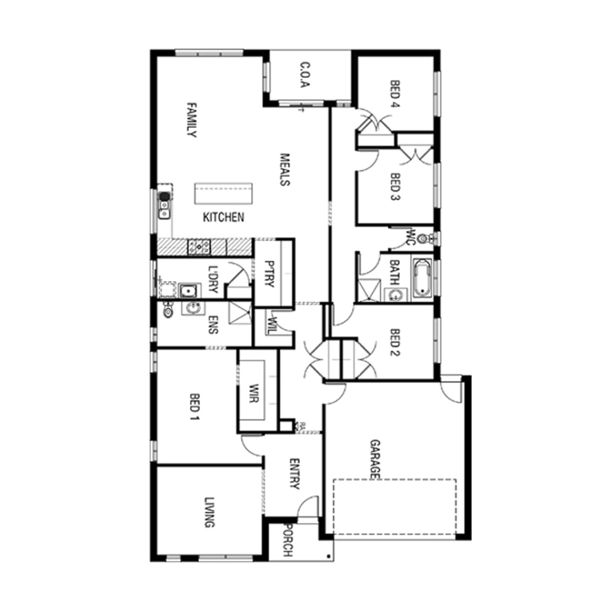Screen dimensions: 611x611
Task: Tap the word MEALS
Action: (285, 169)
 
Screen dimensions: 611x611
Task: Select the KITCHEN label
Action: (224, 218)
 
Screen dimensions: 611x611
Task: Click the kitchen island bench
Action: (223, 193)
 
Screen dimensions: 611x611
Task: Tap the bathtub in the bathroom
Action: (422, 278)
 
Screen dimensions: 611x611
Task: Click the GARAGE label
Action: (375, 459)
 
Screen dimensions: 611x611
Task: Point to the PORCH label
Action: (288, 541)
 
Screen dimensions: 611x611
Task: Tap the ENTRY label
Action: (294, 474)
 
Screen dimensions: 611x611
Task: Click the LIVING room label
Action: (209, 512)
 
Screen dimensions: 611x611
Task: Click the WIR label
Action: (254, 393)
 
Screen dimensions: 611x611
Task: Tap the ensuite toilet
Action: (167, 311)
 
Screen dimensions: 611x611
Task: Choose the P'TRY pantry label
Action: (268, 274)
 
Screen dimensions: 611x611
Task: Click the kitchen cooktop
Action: (199, 246)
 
